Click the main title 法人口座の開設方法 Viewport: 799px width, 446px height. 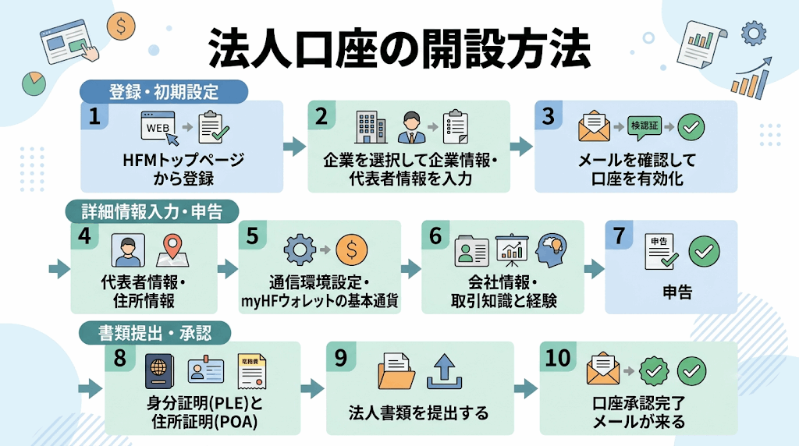(x=399, y=49)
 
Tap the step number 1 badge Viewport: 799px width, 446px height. (x=94, y=115)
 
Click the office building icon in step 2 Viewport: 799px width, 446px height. (x=371, y=127)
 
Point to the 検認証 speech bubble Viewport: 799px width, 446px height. (x=645, y=126)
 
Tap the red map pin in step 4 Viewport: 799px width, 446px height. (x=172, y=250)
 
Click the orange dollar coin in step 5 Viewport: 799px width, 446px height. (x=352, y=250)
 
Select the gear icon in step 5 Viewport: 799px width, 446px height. (x=300, y=250)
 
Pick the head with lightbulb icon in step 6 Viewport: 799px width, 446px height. (x=552, y=250)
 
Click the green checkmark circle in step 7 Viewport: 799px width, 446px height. (x=705, y=252)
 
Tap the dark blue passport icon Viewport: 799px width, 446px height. (x=159, y=372)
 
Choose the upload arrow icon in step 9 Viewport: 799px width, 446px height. (x=444, y=372)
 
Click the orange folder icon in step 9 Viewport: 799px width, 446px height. (x=396, y=372)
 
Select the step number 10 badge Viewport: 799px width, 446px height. (x=558, y=358)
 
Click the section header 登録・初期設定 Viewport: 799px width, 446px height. (x=164, y=92)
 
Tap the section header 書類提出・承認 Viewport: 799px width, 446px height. (x=155, y=333)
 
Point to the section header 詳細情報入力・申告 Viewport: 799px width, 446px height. (x=152, y=211)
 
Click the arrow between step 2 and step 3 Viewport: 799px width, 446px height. (x=520, y=147)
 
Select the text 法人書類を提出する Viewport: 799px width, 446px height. (x=418, y=413)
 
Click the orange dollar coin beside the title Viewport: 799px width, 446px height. (x=121, y=26)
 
